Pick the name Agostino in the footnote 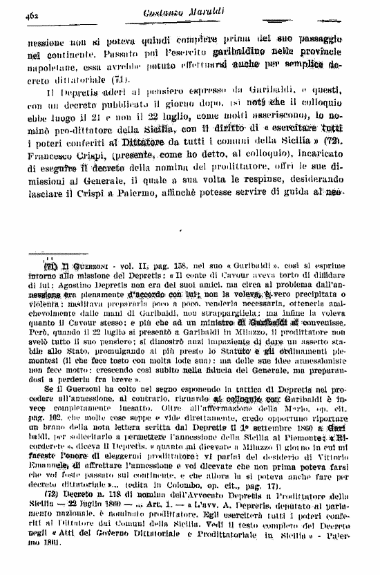tap(68, 285)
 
